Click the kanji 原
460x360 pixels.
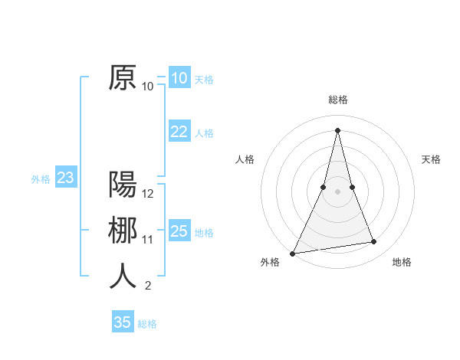coord(123,78)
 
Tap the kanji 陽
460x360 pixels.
coord(123,185)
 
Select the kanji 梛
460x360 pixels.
coord(123,231)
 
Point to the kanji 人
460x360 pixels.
coord(123,277)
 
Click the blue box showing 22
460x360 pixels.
coord(179,132)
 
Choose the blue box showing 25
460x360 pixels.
coord(179,231)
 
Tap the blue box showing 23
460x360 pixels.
coord(65,178)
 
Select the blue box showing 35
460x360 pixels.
coord(123,322)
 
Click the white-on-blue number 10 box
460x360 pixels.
coord(179,78)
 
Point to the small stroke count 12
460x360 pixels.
coord(149,194)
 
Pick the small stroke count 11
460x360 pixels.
coord(149,240)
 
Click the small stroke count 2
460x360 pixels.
coord(148,286)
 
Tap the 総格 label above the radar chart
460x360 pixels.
coord(338,100)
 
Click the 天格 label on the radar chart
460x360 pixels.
coord(432,159)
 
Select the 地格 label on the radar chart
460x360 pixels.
coord(402,262)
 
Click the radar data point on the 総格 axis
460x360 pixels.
coord(338,129)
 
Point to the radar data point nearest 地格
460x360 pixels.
coord(374,242)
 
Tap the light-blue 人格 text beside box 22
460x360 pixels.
coord(204,133)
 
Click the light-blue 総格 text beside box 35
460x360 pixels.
coord(147,324)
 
